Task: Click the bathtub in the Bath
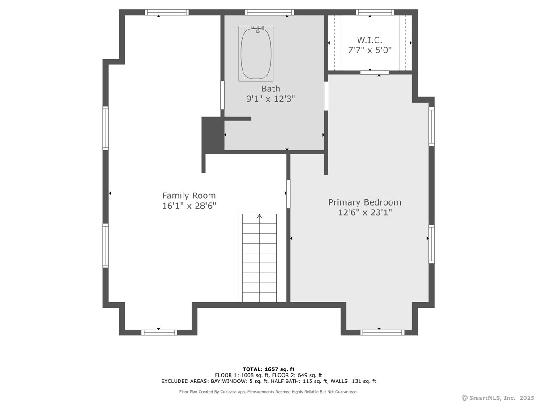pos(256,54)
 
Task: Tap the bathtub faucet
pos(258,29)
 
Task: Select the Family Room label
pos(189,196)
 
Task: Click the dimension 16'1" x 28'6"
pos(189,206)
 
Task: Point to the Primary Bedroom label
pos(365,202)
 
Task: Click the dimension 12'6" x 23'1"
pos(365,212)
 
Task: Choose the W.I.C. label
pos(370,40)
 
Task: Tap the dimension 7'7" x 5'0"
pos(370,50)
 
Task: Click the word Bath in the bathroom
pos(271,88)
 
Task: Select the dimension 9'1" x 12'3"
pos(271,99)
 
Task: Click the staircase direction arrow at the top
pos(259,216)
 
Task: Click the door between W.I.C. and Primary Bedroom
pos(374,73)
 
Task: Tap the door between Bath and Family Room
pos(222,95)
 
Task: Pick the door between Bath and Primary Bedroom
pos(326,96)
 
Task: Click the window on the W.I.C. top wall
pos(375,12)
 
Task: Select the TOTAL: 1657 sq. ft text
pos(268,369)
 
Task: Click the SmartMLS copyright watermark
pos(498,398)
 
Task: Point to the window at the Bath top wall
pos(269,12)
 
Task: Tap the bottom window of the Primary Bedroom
pos(382,333)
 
